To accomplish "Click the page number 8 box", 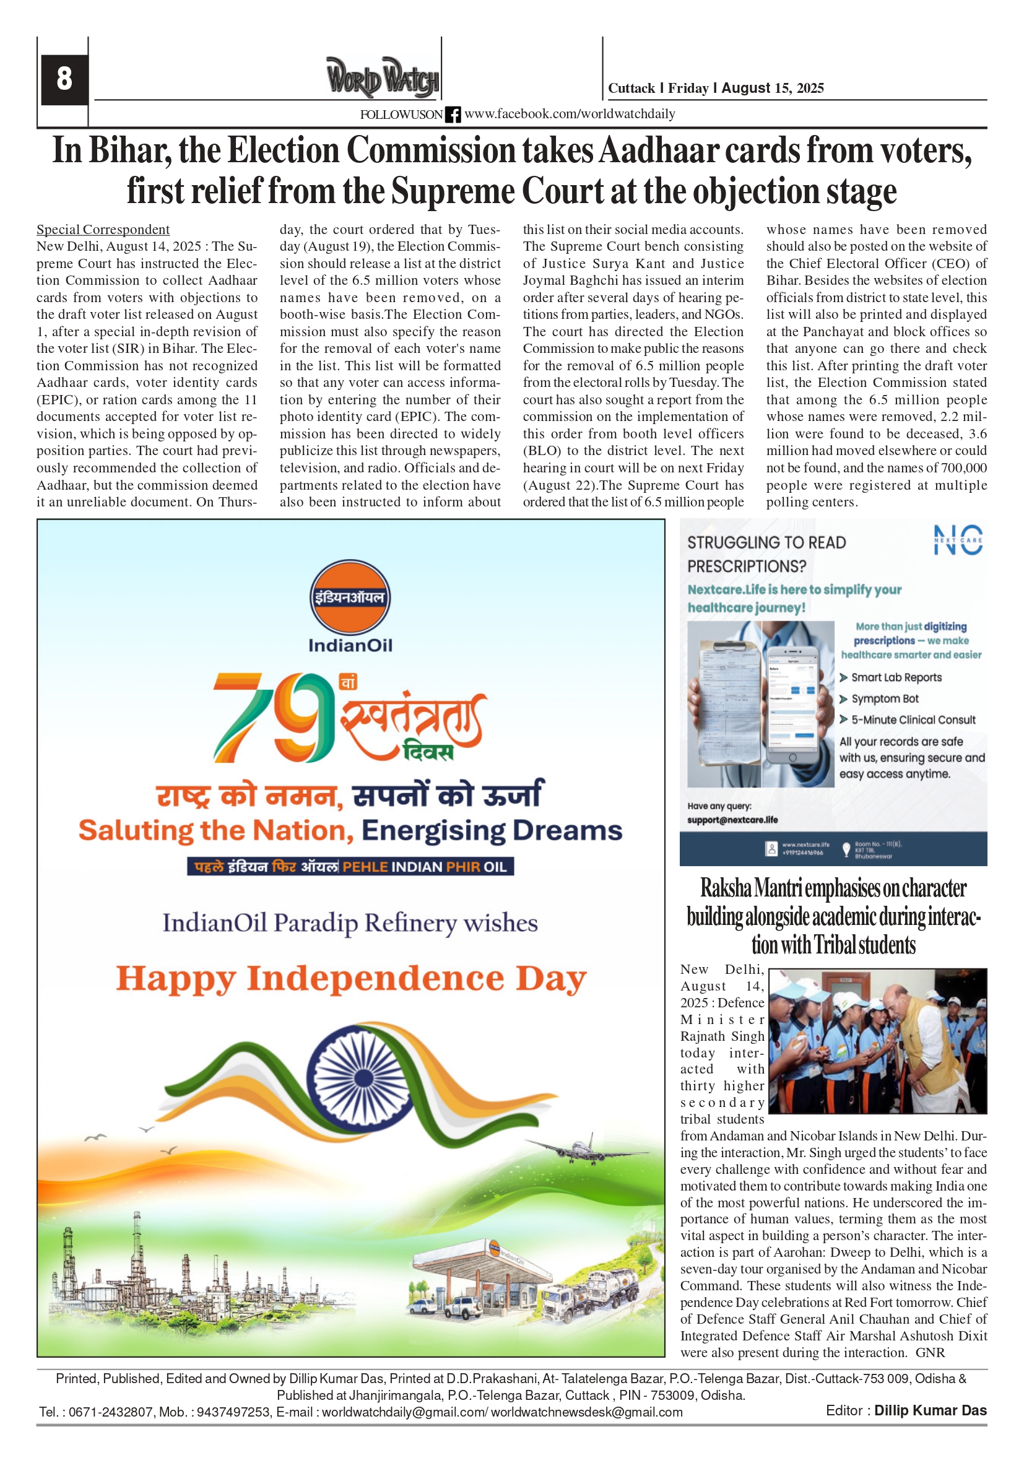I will coord(64,79).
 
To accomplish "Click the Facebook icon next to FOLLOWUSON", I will coord(453,115).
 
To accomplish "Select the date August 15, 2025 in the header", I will coord(772,88).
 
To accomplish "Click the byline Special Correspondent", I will coord(103,230).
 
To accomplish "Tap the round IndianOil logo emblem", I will coord(350,597).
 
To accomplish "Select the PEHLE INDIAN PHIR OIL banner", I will coord(350,867).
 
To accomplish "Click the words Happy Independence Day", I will coord(350,979).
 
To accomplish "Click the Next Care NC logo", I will coord(958,540).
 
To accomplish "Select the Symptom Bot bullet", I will coord(885,698).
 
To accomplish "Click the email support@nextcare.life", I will coord(732,820).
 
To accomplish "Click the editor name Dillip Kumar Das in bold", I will coord(930,1410).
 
